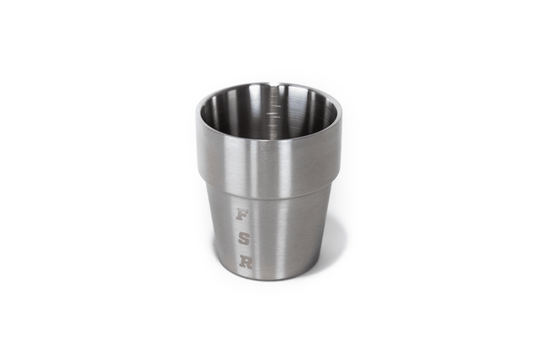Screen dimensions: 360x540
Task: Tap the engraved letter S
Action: click(244, 238)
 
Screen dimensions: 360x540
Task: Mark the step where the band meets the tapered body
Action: click(270, 198)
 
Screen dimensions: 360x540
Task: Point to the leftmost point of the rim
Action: click(197, 112)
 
